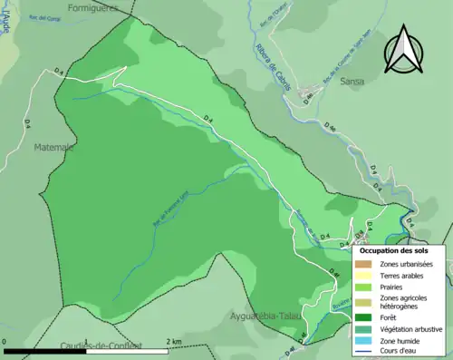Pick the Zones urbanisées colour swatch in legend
(x=363, y=264)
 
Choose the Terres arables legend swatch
(x=363, y=276)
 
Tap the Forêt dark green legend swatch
(x=363, y=317)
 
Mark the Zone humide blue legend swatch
(x=363, y=341)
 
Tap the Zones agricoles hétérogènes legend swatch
(x=363, y=302)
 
